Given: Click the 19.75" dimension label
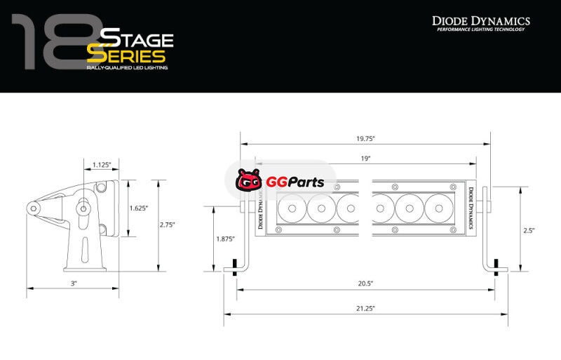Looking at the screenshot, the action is (x=365, y=139).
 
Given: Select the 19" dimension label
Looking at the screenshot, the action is (x=365, y=159).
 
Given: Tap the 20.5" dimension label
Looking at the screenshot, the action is (x=365, y=284).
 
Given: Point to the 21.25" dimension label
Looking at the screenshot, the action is (x=365, y=308).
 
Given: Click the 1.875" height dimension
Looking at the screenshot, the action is (x=225, y=239).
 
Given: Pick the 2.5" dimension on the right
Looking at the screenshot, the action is (x=529, y=231).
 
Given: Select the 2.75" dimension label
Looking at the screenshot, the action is (x=167, y=225).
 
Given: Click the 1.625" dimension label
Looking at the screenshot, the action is (x=138, y=208).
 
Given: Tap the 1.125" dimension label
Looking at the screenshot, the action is (x=102, y=165).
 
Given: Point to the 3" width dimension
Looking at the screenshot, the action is (x=74, y=284).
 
